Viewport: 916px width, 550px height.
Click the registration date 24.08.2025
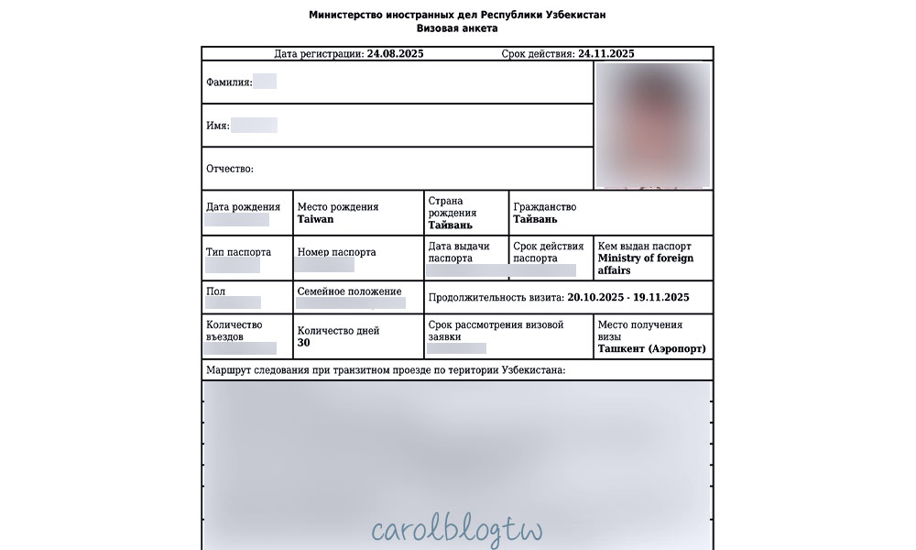click(395, 54)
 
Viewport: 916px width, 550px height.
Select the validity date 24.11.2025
click(606, 54)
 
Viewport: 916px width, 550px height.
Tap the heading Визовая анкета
click(457, 28)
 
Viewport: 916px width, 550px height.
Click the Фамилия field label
click(229, 82)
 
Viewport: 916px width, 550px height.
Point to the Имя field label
click(218, 126)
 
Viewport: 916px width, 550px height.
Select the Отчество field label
click(230, 169)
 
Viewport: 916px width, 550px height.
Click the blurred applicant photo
click(653, 124)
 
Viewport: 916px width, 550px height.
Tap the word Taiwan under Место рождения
click(316, 220)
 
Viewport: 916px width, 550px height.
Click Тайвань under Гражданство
click(535, 220)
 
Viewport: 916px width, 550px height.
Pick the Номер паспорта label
click(336, 252)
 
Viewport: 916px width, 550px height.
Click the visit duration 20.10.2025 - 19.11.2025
click(628, 298)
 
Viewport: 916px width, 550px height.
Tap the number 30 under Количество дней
click(304, 343)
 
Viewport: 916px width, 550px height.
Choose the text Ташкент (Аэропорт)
click(651, 349)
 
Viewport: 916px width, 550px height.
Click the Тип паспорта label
click(238, 252)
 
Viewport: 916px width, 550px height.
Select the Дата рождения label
click(243, 207)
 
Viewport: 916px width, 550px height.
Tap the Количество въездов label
click(234, 331)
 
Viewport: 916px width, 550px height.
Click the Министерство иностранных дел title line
click(457, 15)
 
